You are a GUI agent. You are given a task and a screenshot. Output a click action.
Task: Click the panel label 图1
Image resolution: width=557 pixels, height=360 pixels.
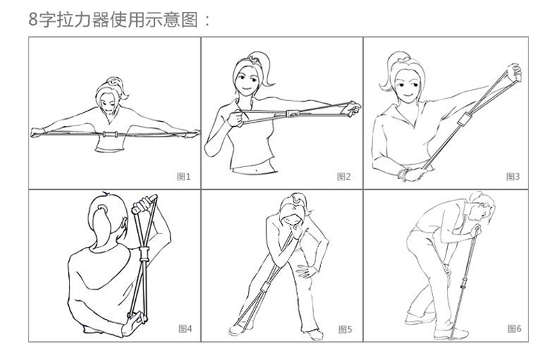(x=184, y=176)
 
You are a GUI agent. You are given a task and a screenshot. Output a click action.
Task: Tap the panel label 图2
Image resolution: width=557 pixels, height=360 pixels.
(x=343, y=176)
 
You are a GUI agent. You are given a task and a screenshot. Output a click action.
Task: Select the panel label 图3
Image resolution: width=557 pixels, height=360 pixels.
(x=512, y=176)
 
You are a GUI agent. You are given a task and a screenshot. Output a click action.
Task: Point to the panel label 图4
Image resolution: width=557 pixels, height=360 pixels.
(x=185, y=329)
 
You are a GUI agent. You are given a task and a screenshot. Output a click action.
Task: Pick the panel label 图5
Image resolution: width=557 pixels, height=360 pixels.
(x=345, y=329)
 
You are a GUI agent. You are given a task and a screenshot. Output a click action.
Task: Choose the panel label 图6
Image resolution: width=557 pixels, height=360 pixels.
(x=514, y=329)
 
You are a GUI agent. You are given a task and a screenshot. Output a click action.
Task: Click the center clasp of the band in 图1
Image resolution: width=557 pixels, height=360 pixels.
(x=110, y=134)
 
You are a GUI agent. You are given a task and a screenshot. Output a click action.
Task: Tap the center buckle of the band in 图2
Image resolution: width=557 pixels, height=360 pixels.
(x=292, y=114)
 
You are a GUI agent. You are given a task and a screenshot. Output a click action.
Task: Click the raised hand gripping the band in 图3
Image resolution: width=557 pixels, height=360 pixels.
(x=515, y=72)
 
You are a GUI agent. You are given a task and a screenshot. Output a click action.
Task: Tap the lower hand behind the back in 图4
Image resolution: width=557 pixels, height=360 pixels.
(x=134, y=322)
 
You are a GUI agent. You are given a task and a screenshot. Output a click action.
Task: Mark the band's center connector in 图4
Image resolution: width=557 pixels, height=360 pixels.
(x=144, y=254)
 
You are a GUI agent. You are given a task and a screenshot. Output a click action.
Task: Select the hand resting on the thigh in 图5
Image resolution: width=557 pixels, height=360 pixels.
(x=306, y=270)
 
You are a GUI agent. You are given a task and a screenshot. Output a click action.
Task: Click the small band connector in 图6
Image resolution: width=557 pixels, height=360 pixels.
(x=463, y=285)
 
